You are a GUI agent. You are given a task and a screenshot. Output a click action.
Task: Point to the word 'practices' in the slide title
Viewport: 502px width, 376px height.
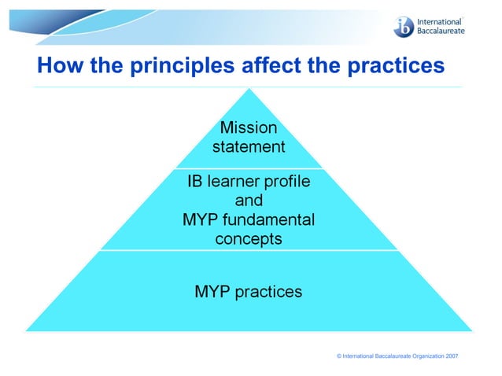[x=393, y=66]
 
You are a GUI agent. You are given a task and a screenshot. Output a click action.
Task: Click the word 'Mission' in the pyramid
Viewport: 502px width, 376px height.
[x=249, y=127]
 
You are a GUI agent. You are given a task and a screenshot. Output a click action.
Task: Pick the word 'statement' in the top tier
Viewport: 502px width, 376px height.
[x=249, y=146]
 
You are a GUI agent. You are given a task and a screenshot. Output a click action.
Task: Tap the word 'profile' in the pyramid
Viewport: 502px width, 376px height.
[x=288, y=182]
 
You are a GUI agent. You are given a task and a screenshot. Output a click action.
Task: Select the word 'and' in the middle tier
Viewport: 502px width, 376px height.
[x=249, y=201]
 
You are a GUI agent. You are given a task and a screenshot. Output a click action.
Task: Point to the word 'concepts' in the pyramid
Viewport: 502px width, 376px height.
[x=249, y=239]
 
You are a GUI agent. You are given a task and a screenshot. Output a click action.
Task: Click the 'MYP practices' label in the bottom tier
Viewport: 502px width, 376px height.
[x=249, y=292]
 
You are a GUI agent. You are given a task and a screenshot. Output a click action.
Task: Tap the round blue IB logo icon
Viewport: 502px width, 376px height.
[x=403, y=25]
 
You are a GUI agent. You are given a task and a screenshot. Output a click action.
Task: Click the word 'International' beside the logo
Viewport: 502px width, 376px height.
[x=440, y=20]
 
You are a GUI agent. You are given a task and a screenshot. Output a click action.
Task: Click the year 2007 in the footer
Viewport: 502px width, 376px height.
[x=452, y=356]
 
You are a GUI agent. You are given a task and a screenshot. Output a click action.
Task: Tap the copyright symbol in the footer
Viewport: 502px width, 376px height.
[x=338, y=356]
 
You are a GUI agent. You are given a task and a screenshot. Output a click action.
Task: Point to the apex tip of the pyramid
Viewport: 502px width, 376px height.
[x=249, y=89]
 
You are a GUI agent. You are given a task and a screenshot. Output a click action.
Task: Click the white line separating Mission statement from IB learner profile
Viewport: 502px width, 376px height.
[x=249, y=168]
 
